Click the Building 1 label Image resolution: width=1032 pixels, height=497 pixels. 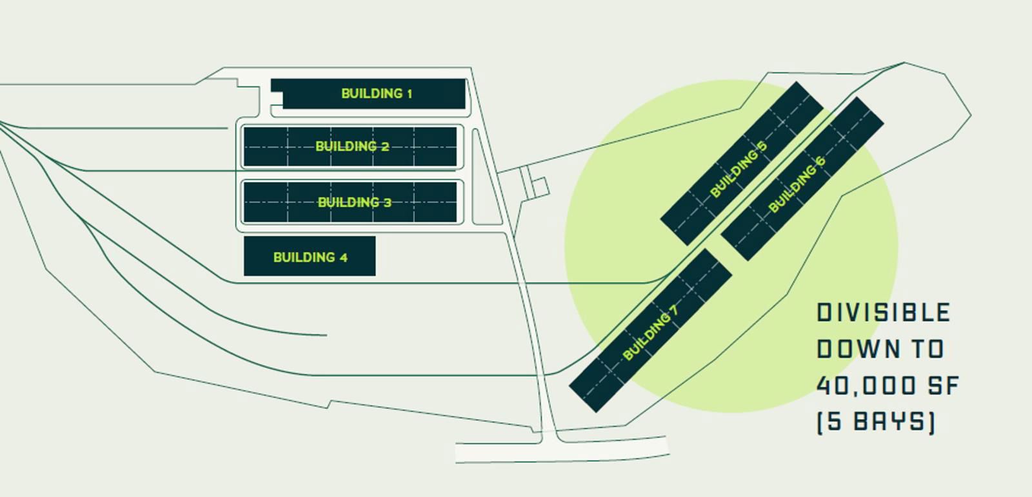[376, 93]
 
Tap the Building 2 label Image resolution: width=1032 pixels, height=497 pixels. [352, 146]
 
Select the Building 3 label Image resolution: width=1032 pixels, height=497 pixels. [354, 202]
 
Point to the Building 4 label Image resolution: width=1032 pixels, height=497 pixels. [310, 257]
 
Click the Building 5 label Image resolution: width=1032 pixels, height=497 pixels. [739, 170]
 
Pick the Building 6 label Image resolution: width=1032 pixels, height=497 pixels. [797, 185]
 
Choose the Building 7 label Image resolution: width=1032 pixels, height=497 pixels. [650, 333]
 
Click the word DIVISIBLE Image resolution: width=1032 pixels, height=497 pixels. [883, 313]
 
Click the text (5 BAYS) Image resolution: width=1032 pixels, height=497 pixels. [875, 422]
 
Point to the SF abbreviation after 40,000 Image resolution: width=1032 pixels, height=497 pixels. [944, 386]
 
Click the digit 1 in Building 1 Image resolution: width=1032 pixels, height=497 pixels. [409, 93]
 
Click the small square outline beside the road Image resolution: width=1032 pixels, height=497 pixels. [539, 188]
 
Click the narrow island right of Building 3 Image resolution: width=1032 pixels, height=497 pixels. [479, 177]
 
